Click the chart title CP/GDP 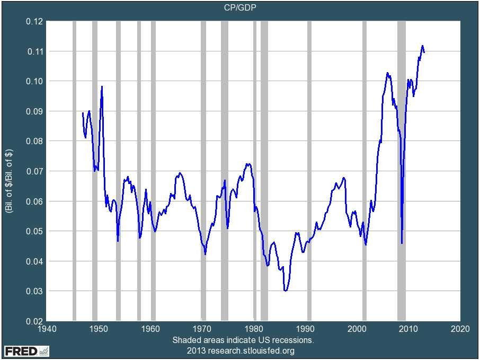point(239,7)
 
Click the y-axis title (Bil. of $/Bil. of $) point(9,171)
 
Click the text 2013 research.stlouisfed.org point(241,351)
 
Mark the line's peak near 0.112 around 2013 point(422,46)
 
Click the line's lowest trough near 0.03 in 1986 point(286,291)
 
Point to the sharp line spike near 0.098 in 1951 point(102,86)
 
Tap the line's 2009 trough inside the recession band point(402,243)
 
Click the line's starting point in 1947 point(83,112)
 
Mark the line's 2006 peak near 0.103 point(387,73)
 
